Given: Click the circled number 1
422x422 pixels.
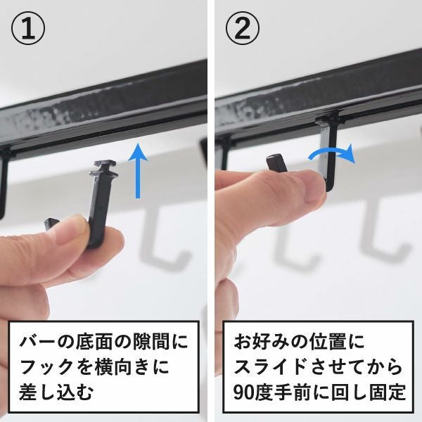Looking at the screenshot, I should [28, 29].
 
